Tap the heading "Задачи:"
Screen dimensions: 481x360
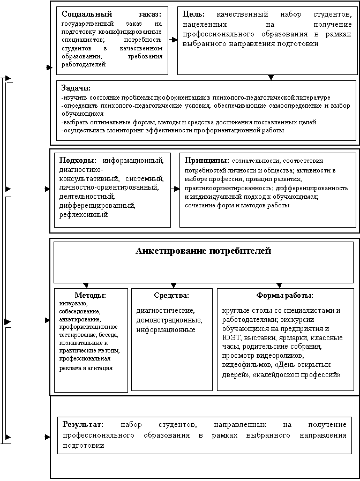point(76,88)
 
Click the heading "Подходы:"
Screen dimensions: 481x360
point(78,160)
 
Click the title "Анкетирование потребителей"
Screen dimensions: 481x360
point(204,251)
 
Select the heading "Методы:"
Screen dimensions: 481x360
point(90,295)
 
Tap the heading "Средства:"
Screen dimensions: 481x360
point(171,295)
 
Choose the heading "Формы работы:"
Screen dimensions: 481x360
point(286,295)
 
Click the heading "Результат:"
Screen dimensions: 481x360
point(84,425)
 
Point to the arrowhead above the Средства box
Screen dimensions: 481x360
point(173,285)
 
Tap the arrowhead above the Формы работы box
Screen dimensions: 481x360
point(279,285)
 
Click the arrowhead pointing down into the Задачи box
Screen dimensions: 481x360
point(271,78)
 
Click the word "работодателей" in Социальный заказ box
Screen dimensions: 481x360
point(84,64)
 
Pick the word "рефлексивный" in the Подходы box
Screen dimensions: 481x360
point(84,215)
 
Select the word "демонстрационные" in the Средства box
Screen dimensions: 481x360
point(169,320)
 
